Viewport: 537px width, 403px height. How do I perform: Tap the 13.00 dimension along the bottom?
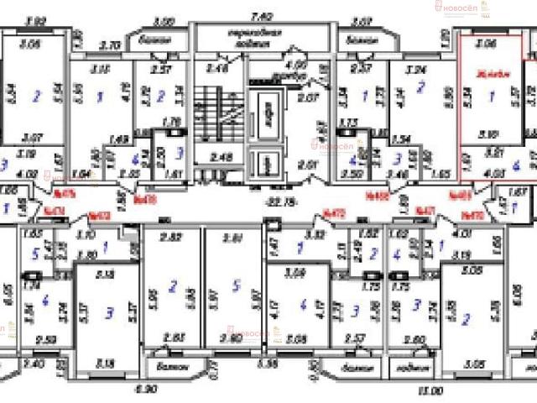point(431,391)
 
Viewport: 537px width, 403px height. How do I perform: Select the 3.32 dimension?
point(314,237)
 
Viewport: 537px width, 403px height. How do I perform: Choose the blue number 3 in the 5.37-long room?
point(109,314)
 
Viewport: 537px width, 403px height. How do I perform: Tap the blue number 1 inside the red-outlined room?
point(490,97)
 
